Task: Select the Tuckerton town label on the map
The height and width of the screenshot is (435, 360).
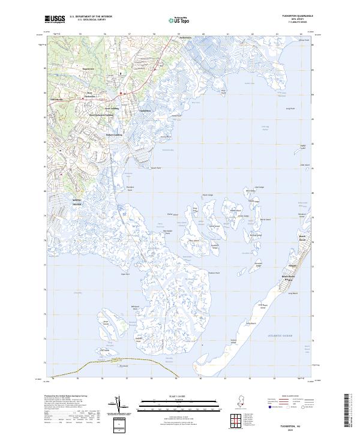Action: tap(145, 112)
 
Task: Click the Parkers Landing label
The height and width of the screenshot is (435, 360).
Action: tap(114, 134)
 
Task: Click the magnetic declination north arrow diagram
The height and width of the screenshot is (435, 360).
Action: tap(120, 406)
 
